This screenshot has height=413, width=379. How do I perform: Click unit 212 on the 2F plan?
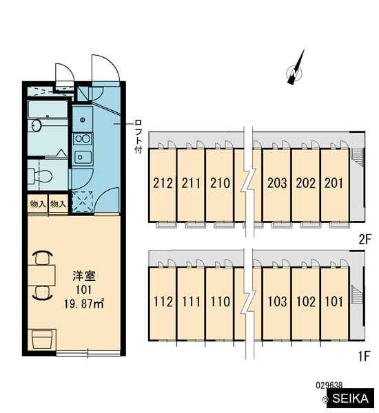pos(163,185)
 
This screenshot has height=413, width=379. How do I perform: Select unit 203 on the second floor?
pos(276,185)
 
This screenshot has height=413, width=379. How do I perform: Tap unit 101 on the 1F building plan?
pos(334,304)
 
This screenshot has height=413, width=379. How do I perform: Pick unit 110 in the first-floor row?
pos(220,304)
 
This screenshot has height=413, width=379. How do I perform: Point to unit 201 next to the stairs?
pos(334,185)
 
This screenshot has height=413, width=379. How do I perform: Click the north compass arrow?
pos(296,68)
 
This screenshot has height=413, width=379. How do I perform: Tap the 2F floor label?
pos(365,239)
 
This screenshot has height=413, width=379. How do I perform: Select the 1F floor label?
pos(365,356)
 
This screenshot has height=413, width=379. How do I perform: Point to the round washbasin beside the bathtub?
pos(36,125)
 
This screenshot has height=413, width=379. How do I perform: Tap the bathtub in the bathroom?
pos(48,109)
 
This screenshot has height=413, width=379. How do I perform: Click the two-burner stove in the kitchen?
pos(83,139)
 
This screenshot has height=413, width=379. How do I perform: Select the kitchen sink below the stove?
pos(83,158)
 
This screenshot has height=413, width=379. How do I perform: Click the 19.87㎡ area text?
pos(83,304)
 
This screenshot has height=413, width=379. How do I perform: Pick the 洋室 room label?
pos(84,276)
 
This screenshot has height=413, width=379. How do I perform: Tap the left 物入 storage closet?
pos(38,204)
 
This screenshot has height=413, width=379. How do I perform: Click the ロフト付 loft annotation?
pos(139,136)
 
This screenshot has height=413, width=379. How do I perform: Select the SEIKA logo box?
pos(350,398)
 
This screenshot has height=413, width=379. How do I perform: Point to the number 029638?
pos(329,385)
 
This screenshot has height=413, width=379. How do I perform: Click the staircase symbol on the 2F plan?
pos(356,157)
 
